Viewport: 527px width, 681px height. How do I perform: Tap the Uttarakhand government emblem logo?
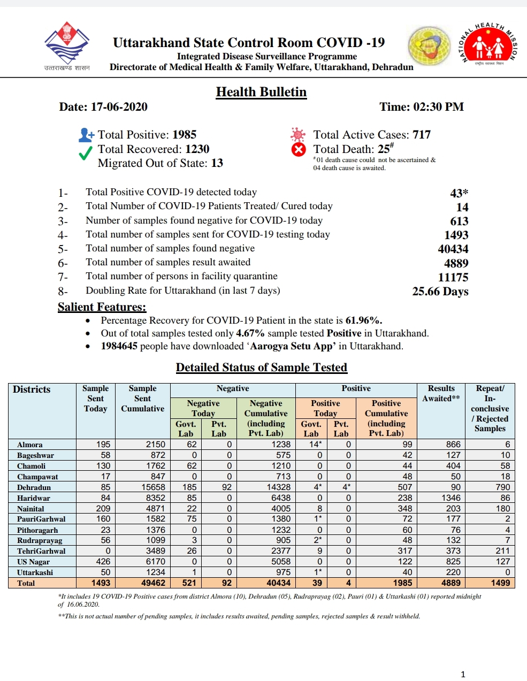point(67,45)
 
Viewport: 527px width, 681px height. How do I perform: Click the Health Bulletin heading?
point(261,92)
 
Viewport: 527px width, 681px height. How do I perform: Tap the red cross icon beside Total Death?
point(299,150)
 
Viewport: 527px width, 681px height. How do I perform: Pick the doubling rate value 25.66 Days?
point(440,292)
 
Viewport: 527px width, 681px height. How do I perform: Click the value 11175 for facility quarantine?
point(453,277)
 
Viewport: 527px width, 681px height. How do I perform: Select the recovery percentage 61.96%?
point(364,321)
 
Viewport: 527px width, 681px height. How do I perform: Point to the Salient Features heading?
point(102,307)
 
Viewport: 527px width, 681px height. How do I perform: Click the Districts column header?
point(32,389)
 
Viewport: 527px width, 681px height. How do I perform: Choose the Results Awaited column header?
point(441,394)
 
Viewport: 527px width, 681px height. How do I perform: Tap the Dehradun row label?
point(34,487)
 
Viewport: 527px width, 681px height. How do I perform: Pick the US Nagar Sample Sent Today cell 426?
point(103,561)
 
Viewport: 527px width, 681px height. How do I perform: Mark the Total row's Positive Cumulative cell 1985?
point(402,583)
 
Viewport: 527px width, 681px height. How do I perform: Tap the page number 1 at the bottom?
point(463,674)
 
